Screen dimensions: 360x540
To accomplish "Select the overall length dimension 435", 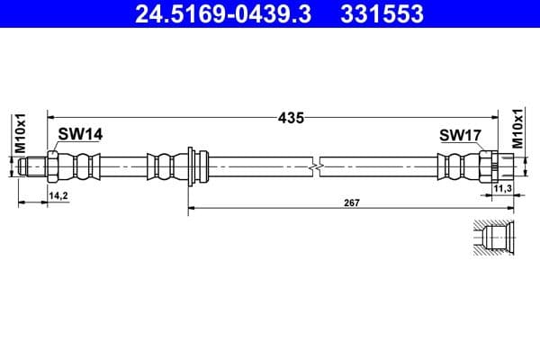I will pyautogui.click(x=291, y=117).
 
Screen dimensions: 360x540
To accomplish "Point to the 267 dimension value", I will pyautogui.click(x=351, y=202).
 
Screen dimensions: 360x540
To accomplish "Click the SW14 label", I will pyautogui.click(x=80, y=134).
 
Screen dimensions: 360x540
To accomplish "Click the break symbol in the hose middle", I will pyautogui.click(x=314, y=166).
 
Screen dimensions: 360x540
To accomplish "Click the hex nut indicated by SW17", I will pyautogui.click(x=490, y=166).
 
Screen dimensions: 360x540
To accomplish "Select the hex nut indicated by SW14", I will pyautogui.click(x=55, y=166).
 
